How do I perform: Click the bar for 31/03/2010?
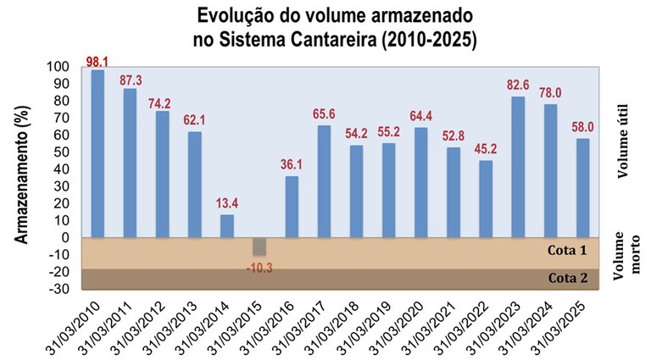tap(97, 153)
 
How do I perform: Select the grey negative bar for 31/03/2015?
tap(260, 246)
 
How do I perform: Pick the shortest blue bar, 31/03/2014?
tap(227, 226)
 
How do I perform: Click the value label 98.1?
tap(98, 62)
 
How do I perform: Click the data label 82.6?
tap(518, 86)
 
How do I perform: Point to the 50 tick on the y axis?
tap(60, 152)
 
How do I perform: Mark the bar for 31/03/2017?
tap(324, 181)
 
